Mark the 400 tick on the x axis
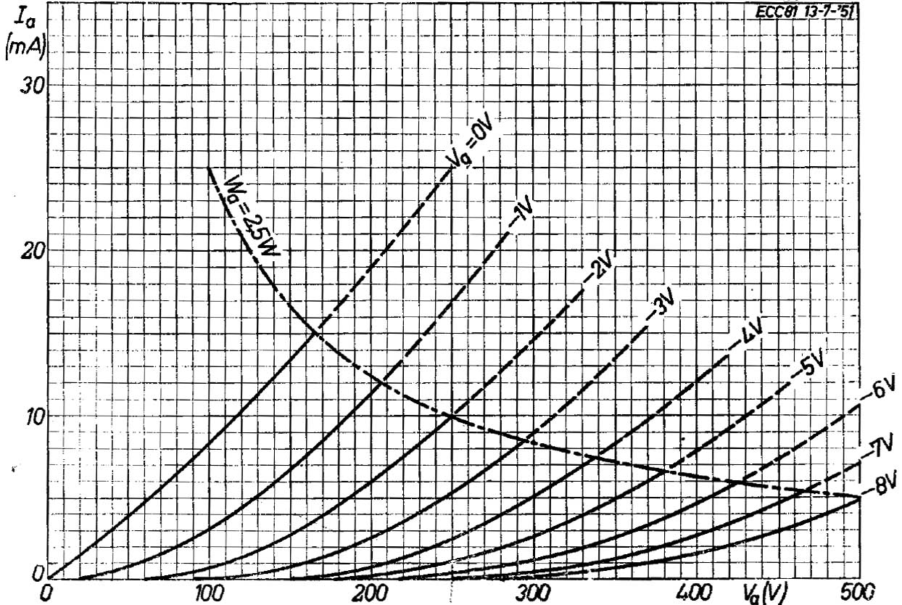pyautogui.click(x=696, y=592)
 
